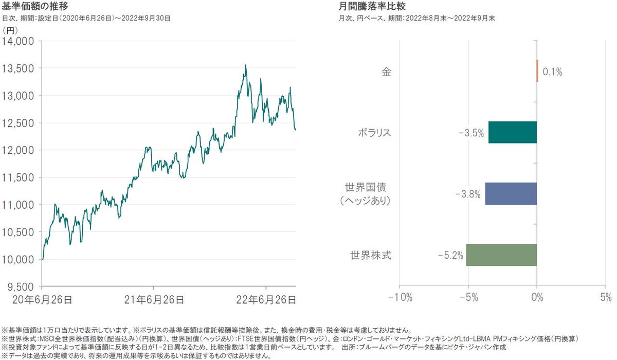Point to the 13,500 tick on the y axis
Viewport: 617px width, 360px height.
coord(19,68)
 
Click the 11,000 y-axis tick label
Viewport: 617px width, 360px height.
coord(19,205)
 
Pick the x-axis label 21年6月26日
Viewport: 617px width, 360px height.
coord(154,298)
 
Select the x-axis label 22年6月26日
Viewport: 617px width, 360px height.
coord(266,298)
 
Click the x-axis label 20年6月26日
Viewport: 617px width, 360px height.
coord(42,298)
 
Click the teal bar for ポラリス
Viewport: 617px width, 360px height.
coord(513,132)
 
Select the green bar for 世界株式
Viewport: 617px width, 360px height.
coord(501,255)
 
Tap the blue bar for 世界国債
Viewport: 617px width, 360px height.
coord(511,193)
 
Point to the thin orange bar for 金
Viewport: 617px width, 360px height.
coord(537,71)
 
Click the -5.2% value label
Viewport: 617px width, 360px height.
coord(451,255)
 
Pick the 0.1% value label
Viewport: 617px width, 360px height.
coord(552,72)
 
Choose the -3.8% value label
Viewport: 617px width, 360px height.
coord(468,194)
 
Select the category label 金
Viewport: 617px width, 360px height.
coord(386,71)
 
